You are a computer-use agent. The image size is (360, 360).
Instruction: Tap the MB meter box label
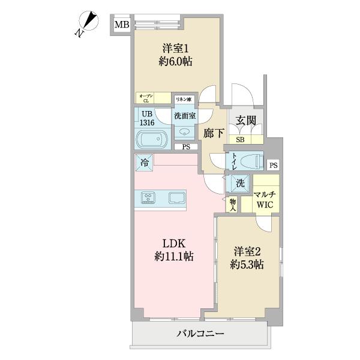[122, 25]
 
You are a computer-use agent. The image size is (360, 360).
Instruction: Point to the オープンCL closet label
[146, 98]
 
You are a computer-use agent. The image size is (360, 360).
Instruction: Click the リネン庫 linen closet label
[183, 99]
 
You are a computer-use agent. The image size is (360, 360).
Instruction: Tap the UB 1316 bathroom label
[147, 118]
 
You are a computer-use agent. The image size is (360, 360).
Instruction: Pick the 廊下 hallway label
[213, 134]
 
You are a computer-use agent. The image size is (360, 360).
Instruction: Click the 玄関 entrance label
[246, 121]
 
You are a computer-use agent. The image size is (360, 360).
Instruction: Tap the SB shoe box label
[240, 140]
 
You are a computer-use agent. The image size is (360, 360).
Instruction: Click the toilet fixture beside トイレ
[251, 162]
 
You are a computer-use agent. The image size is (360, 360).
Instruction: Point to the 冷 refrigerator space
[144, 161]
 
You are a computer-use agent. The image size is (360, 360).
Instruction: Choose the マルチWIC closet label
[265, 199]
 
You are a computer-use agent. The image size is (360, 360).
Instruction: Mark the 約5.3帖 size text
[247, 265]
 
